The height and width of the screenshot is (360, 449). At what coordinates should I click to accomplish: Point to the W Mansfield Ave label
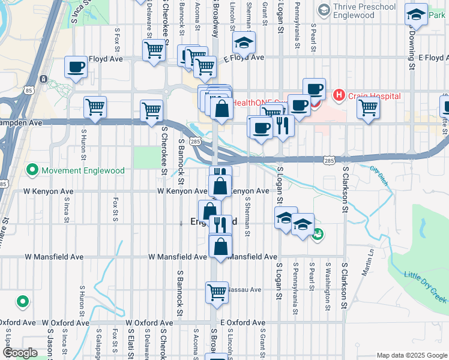[54, 257]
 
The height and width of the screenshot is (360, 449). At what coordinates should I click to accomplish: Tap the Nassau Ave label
[244, 289]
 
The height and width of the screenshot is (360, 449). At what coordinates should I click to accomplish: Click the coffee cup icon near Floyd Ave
[76, 67]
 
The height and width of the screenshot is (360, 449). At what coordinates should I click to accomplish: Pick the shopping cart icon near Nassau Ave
[217, 292]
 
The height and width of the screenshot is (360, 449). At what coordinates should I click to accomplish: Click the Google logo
[20, 353]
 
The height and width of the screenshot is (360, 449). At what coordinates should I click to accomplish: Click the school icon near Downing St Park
[416, 14]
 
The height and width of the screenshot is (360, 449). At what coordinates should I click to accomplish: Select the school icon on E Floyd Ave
[244, 43]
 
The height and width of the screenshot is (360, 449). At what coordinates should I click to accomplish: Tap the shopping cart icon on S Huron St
[95, 107]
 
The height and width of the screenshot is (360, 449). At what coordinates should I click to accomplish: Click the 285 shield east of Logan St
[328, 161]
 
